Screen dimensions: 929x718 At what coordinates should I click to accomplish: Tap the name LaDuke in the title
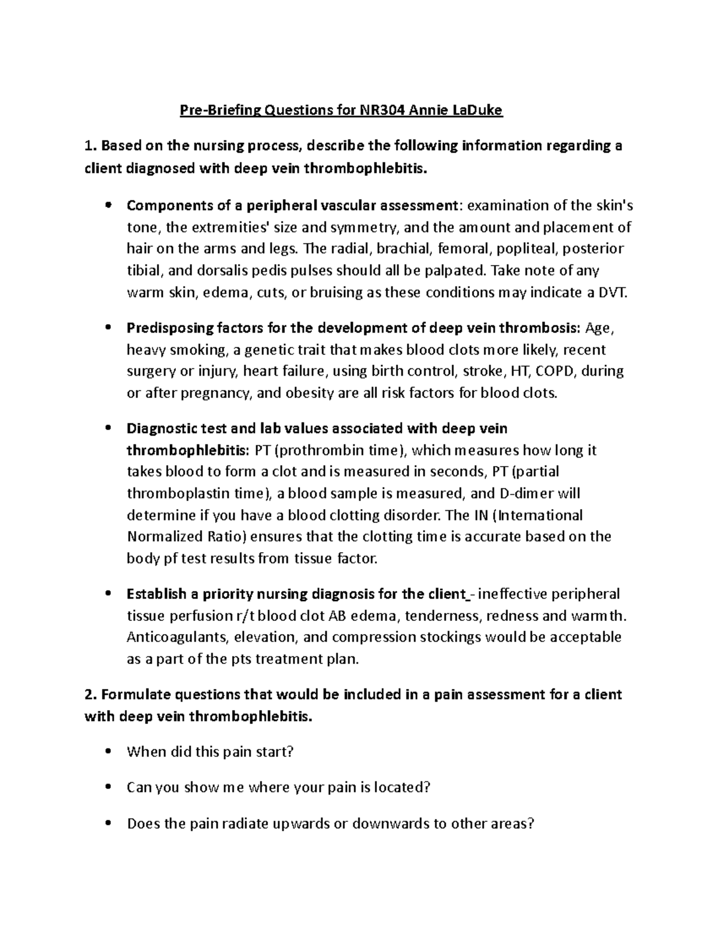tap(477, 110)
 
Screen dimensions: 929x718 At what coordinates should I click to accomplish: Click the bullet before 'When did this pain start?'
tap(108, 752)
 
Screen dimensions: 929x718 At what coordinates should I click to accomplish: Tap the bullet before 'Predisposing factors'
tap(108, 328)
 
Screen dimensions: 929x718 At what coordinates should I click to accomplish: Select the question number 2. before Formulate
tap(90, 695)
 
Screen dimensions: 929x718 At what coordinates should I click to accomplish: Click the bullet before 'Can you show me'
tap(108, 788)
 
